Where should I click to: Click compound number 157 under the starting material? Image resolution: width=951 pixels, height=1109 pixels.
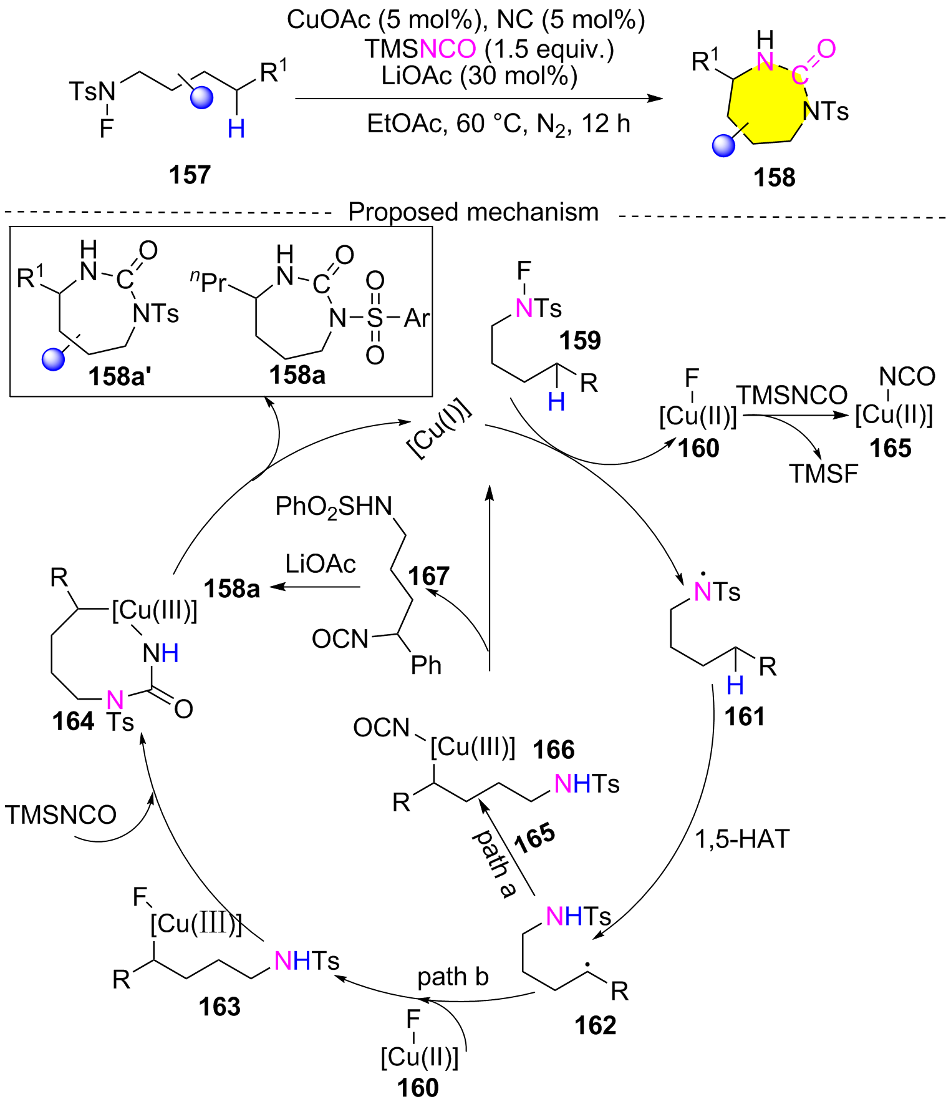tap(190, 175)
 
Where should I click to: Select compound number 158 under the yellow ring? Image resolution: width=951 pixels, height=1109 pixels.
tap(775, 178)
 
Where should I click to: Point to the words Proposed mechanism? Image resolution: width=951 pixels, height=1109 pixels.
tap(473, 212)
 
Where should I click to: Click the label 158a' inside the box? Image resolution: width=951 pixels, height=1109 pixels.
tap(119, 376)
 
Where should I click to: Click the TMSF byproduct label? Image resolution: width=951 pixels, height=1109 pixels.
tap(824, 474)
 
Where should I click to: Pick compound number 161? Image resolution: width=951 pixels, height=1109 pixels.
tap(745, 716)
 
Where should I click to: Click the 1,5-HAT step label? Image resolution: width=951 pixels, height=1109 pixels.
tap(742, 839)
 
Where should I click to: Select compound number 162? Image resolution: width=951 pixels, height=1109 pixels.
tap(596, 1025)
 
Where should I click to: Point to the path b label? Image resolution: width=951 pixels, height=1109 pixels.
tap(453, 977)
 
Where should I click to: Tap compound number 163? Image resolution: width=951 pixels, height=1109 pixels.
tap(220, 1007)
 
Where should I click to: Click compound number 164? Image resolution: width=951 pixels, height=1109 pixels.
tap(73, 722)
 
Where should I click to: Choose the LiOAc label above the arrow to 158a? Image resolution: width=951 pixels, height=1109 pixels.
tap(321, 564)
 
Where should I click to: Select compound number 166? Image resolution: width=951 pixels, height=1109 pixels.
tap(554, 750)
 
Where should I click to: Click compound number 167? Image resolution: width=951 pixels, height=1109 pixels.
tap(429, 576)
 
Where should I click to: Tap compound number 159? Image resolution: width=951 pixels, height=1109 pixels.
tap(580, 341)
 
